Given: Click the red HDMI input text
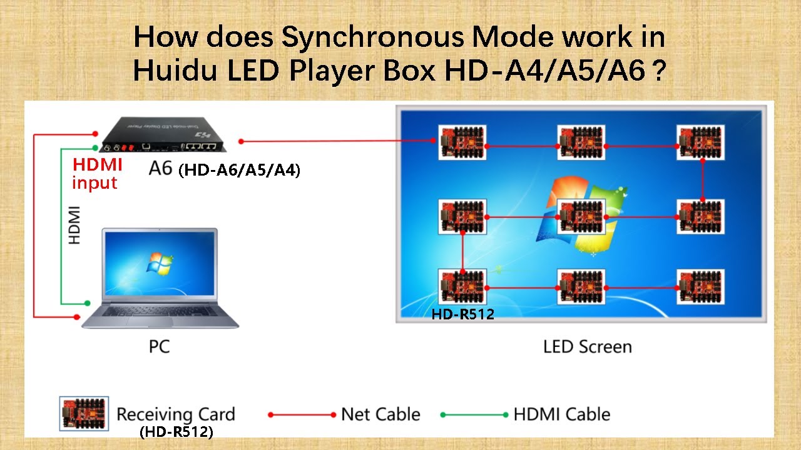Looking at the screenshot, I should (x=96, y=174).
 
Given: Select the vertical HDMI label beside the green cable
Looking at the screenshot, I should (x=74, y=224).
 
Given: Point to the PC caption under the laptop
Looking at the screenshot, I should (x=159, y=346).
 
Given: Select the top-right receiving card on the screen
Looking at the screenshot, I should (x=700, y=142).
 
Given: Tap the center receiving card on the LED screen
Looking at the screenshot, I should (x=581, y=217).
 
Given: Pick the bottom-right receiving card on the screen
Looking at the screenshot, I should (x=700, y=287).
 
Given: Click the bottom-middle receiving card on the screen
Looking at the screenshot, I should (x=581, y=287).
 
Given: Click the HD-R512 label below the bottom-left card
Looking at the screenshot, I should (x=462, y=315).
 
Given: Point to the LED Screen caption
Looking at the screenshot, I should (x=587, y=346).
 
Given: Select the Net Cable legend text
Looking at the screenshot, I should (x=380, y=414).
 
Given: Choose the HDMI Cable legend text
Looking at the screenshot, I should (x=561, y=414).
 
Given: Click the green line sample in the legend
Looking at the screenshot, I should (x=474, y=414).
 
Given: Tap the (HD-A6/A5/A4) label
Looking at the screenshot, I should (x=239, y=170).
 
